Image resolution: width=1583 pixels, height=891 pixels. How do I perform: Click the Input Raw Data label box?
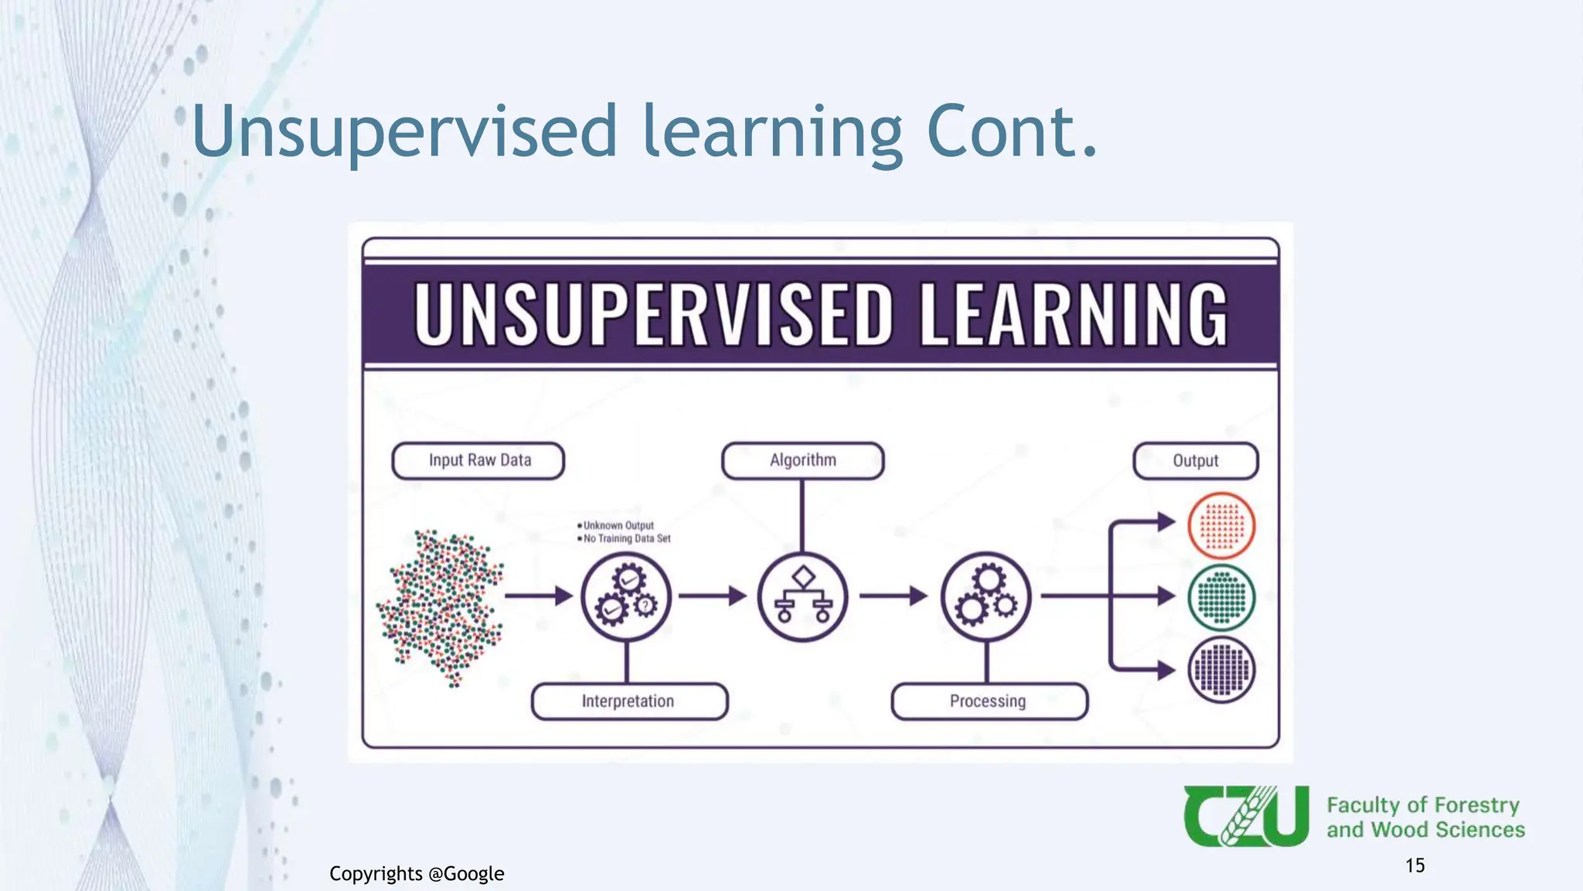(x=478, y=461)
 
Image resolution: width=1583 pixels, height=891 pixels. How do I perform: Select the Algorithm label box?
(x=802, y=461)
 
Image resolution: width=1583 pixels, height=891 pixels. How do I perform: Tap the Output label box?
(x=1195, y=461)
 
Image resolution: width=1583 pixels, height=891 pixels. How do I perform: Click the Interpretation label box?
(x=628, y=702)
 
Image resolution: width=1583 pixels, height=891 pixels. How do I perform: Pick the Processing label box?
(x=989, y=702)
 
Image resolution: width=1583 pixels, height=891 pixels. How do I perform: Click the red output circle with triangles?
(x=1221, y=526)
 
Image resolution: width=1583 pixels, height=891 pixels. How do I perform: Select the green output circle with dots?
(x=1221, y=598)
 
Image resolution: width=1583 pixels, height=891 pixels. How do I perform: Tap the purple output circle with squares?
(x=1221, y=670)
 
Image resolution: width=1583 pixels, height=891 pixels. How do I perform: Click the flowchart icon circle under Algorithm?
(x=803, y=596)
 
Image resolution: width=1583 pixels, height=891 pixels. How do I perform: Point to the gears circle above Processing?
(x=986, y=596)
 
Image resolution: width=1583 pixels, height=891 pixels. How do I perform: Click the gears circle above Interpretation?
(x=626, y=596)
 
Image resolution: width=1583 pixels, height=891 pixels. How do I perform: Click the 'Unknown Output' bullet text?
(x=618, y=526)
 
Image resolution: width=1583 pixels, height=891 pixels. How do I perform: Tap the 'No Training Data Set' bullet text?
(x=626, y=539)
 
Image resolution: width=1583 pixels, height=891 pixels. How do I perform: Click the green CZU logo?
(x=1246, y=816)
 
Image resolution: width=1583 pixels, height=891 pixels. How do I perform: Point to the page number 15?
(x=1414, y=865)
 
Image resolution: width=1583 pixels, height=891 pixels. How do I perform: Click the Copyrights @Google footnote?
(x=417, y=874)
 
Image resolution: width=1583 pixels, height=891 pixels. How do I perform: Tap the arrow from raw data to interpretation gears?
(x=539, y=596)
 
